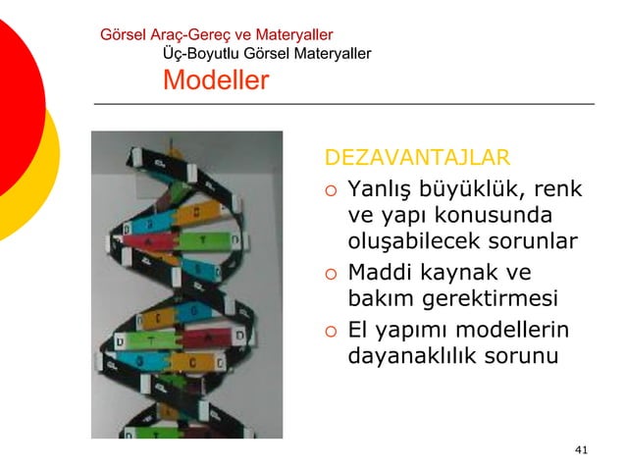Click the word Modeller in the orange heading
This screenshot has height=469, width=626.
215,80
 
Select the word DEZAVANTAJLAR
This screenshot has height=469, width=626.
417,158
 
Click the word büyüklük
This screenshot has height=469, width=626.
480,187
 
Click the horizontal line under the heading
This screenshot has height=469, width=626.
343,103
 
